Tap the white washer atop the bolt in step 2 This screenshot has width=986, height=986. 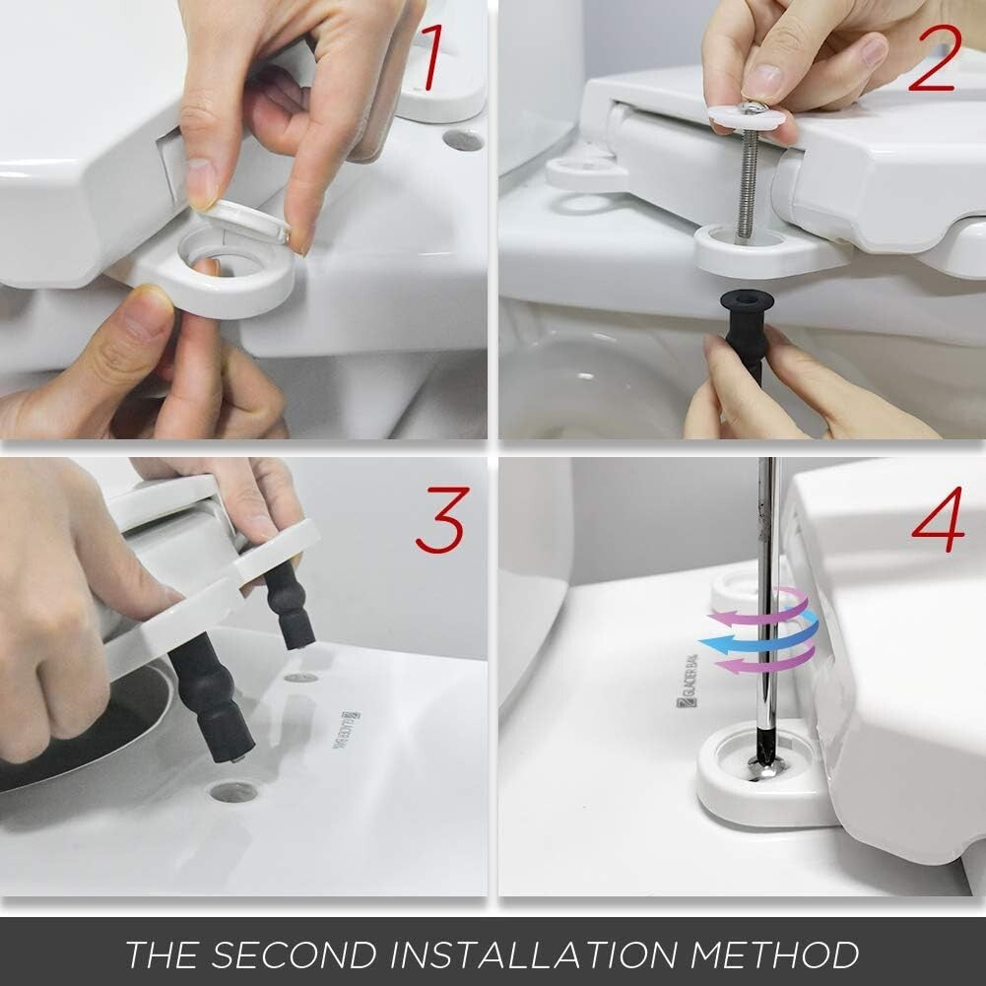[747, 116]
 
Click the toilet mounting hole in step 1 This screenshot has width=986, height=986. [463, 139]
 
